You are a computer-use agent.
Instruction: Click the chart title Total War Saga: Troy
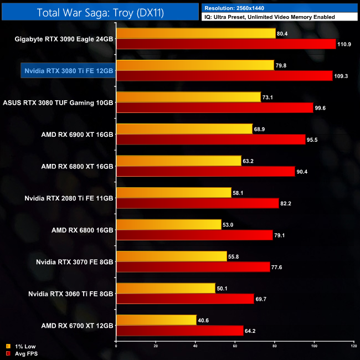point(100,12)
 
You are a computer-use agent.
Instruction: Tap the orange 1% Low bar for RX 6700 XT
point(156,320)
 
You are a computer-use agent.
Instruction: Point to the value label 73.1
point(270,97)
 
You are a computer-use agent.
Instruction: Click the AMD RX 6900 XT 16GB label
point(77,135)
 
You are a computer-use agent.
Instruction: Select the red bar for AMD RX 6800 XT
point(205,172)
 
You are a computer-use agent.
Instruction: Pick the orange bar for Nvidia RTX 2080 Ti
point(173,193)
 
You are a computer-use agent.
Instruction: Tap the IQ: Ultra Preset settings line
point(269,17)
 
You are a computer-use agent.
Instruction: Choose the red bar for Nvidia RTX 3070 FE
point(192,267)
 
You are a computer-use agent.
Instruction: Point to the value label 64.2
point(253,331)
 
